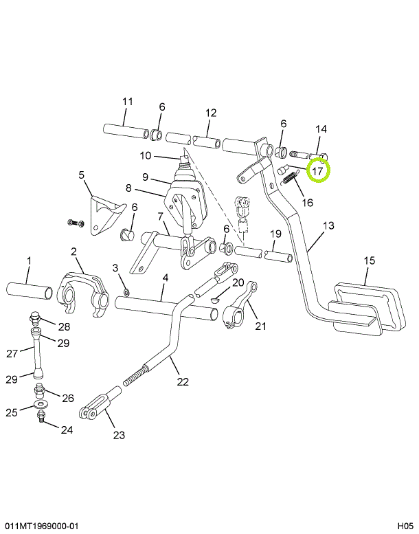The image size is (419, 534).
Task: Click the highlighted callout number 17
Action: [318, 170]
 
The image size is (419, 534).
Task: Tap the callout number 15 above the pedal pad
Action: [370, 260]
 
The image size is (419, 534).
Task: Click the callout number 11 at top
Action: [127, 102]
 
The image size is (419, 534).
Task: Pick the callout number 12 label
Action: [211, 113]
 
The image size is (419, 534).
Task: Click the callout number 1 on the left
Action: [29, 260]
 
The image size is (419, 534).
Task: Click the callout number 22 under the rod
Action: [182, 381]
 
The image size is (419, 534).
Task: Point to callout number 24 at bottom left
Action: [66, 430]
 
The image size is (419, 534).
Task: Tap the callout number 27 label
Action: [12, 354]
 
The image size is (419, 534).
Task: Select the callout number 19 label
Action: [274, 234]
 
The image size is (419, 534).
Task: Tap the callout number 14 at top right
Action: [321, 129]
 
